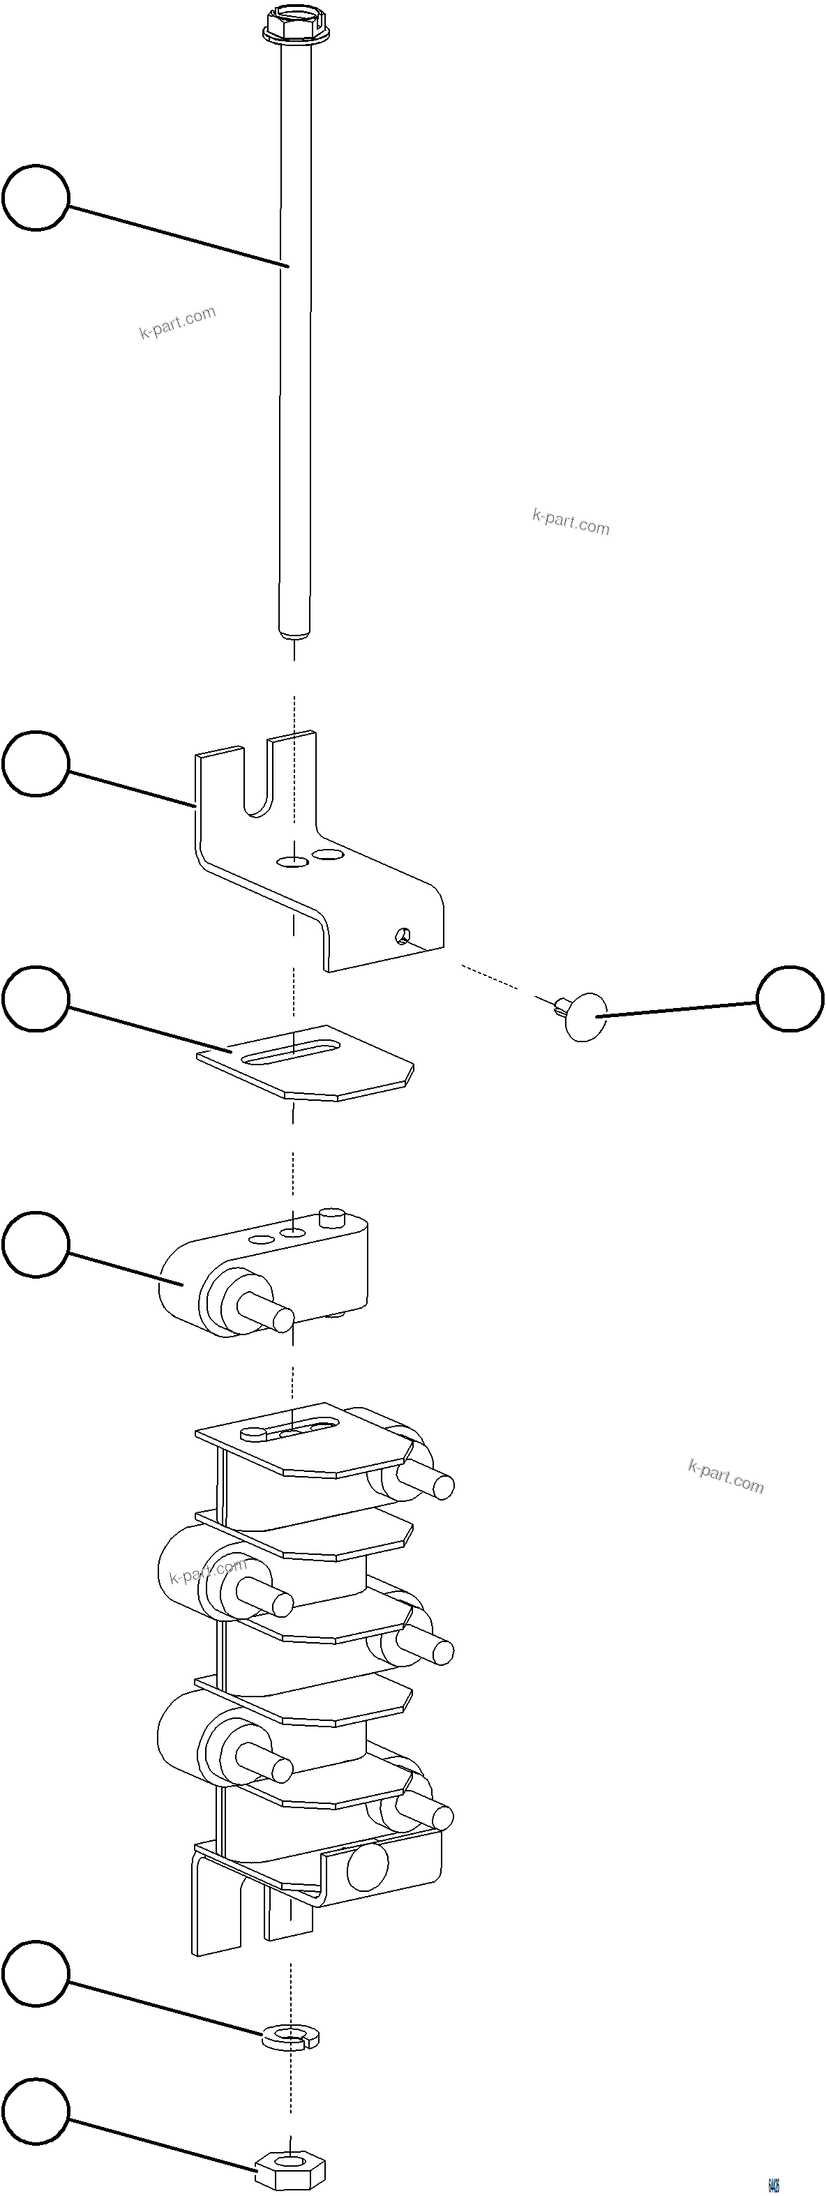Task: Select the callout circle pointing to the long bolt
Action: pyautogui.click(x=35, y=198)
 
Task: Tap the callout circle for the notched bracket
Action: pyautogui.click(x=35, y=763)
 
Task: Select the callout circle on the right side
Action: pyautogui.click(x=790, y=998)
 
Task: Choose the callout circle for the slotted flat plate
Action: pyautogui.click(x=35, y=998)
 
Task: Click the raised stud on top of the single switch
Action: pyautogui.click(x=331, y=1216)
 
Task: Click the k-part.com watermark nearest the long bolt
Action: pyautogui.click(x=177, y=322)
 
